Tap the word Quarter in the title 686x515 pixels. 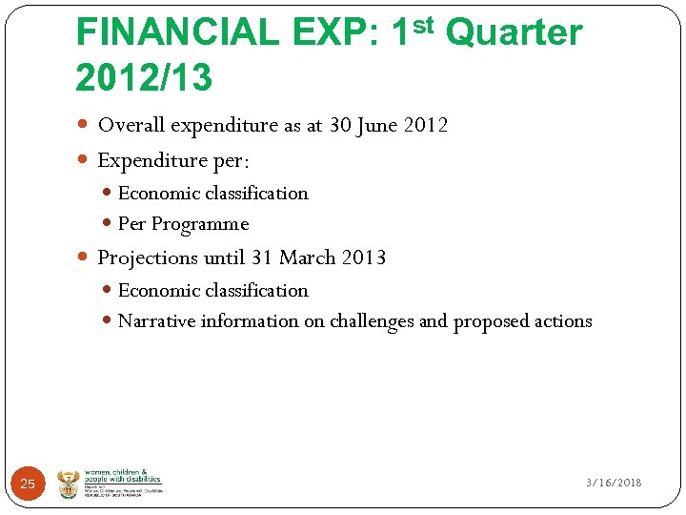[x=514, y=33]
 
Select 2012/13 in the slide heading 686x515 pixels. [x=144, y=79]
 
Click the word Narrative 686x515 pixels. [x=156, y=321]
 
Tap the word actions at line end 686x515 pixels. [x=563, y=321]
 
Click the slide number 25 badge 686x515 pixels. [x=28, y=484]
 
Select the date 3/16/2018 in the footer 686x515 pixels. [x=614, y=484]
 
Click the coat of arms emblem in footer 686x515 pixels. [x=69, y=483]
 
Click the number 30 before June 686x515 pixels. [x=340, y=125]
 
